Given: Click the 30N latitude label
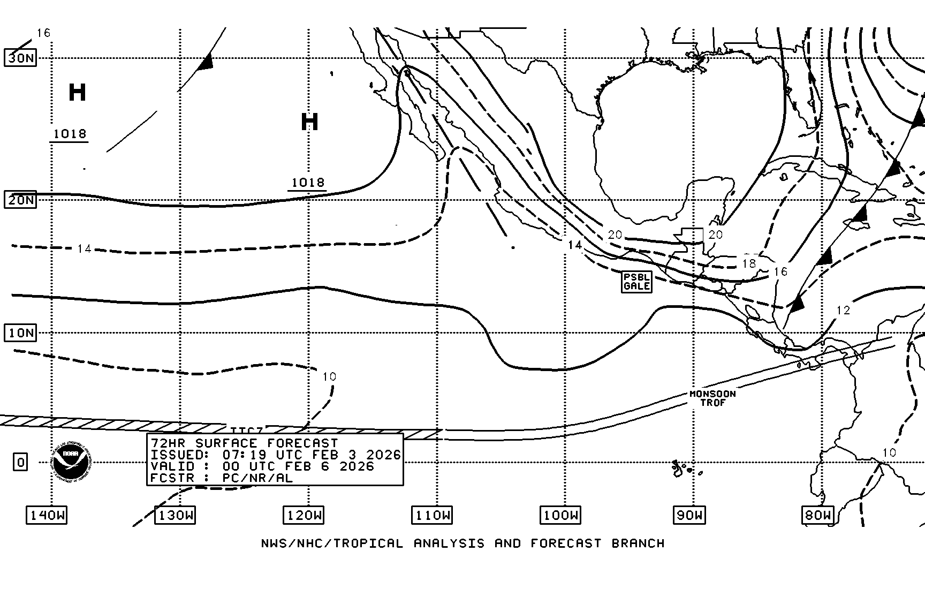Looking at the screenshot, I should [20, 58].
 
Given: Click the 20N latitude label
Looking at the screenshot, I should [20, 200].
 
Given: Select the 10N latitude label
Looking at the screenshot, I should [20, 333].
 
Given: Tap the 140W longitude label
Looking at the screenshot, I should [47, 516].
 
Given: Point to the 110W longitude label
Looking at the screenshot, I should [432, 516].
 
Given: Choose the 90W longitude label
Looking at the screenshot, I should [689, 516].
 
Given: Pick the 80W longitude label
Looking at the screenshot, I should [817, 516].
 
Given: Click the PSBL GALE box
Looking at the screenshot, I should [637, 282].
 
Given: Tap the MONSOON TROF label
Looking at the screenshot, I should [712, 398].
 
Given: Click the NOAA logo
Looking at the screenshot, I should [72, 462].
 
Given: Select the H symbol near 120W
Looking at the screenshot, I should [309, 122].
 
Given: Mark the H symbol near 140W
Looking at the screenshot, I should [77, 93].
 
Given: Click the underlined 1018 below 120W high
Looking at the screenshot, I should [308, 183].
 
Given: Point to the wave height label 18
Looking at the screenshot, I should [748, 263].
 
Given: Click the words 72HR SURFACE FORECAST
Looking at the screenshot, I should [245, 443].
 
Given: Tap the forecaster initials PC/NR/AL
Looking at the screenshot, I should [257, 478].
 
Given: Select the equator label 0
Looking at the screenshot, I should [20, 462].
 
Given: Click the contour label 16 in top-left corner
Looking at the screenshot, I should [43, 33].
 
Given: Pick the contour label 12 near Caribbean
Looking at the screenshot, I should [843, 310].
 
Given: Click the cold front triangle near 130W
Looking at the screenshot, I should [206, 63].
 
